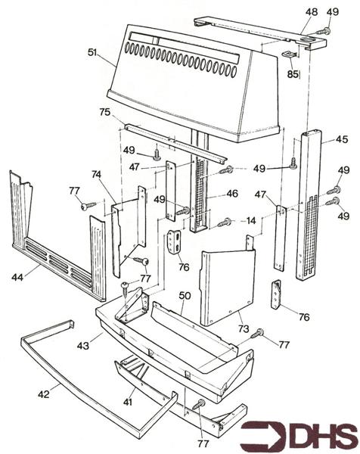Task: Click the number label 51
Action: (x=93, y=52)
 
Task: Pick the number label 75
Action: (x=104, y=112)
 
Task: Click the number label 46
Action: (x=231, y=194)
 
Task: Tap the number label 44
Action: (x=17, y=278)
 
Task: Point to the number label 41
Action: (x=128, y=402)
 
